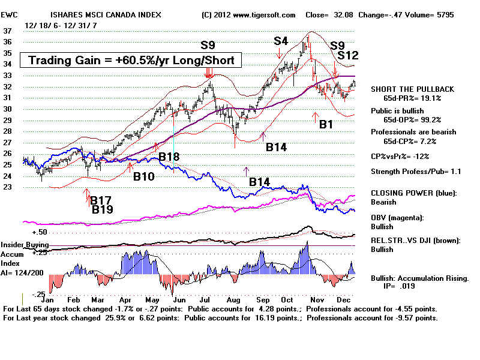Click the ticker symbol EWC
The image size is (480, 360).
point(9,14)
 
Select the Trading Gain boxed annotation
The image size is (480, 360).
point(131,60)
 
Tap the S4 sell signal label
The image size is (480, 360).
point(281,41)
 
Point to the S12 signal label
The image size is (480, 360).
point(348,55)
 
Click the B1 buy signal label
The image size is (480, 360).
point(326,124)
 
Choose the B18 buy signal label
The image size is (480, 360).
point(169,157)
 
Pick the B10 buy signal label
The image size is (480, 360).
point(144,176)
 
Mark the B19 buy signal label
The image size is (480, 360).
point(103,209)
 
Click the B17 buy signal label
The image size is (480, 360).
point(101,200)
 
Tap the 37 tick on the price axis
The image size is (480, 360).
point(7,31)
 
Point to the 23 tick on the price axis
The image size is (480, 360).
point(7,187)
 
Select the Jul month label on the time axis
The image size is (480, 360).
point(205,299)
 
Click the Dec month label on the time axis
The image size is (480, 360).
point(343,299)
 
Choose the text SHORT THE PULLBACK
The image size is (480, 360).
point(412,89)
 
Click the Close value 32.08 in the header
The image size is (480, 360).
point(343,14)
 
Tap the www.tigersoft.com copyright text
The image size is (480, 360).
point(264,14)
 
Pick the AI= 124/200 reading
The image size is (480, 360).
point(22,273)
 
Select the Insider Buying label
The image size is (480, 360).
point(25,245)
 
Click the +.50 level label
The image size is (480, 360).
point(40,232)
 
